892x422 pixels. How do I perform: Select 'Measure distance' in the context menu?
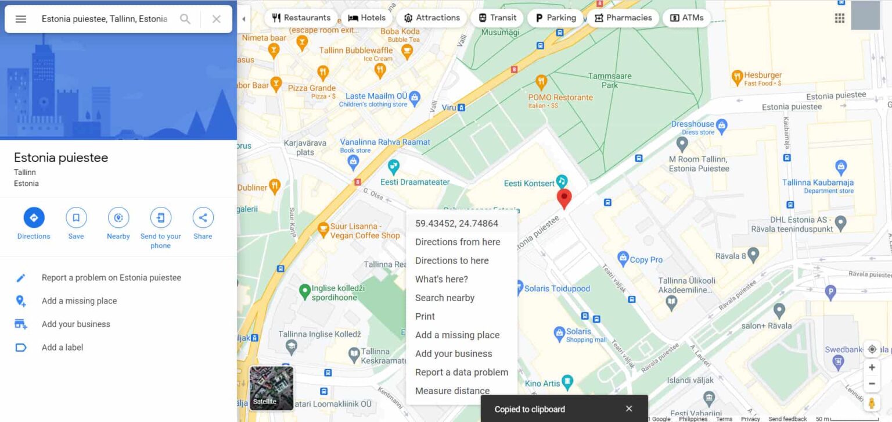pos(452,391)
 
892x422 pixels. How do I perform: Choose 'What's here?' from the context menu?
pos(441,279)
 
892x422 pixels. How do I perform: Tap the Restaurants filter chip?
pos(301,17)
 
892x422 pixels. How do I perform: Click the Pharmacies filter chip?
pos(623,17)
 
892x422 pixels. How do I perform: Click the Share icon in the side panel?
pos(203,218)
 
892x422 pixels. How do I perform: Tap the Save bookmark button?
pos(76,218)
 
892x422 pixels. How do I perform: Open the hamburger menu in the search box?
pos(21,19)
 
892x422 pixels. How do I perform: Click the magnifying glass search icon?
pos(185,19)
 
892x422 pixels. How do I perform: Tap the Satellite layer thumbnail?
pos(271,388)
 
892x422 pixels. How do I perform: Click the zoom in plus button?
pos(872,367)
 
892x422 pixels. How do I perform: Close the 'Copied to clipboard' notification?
pos(629,409)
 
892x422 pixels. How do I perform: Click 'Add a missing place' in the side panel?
pos(79,301)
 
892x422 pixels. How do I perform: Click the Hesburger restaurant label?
pos(762,76)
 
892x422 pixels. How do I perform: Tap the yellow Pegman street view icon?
pos(872,402)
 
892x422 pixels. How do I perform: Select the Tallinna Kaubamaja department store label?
pos(818,183)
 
